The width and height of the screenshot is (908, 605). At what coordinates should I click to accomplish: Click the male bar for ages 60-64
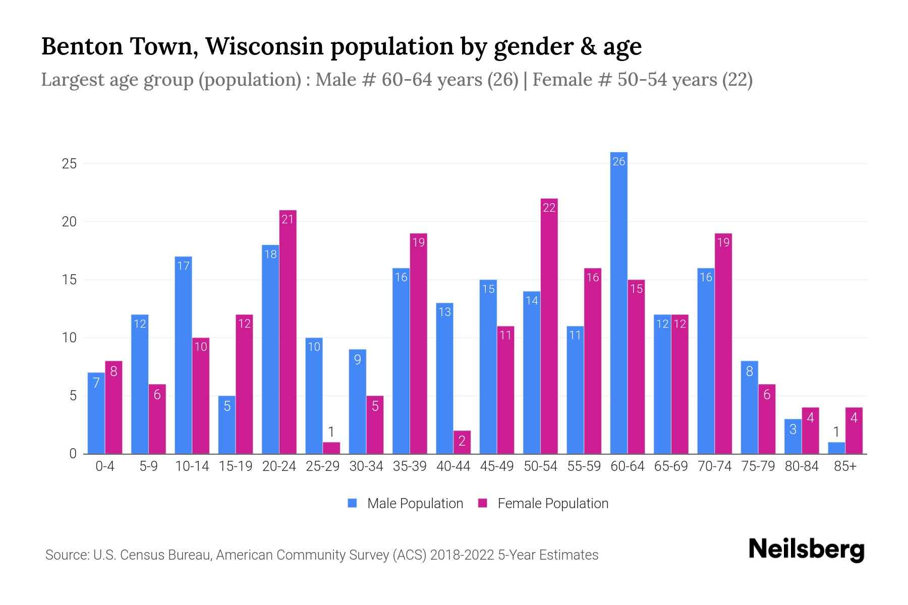(x=618, y=302)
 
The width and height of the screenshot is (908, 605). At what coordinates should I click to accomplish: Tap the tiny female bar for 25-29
(x=331, y=448)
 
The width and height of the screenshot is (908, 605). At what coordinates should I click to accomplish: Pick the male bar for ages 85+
(x=836, y=448)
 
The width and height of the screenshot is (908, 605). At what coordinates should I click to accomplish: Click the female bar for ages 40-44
(x=462, y=442)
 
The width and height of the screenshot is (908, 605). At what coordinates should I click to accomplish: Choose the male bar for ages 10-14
(x=183, y=355)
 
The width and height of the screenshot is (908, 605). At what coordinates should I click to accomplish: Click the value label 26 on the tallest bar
(x=618, y=161)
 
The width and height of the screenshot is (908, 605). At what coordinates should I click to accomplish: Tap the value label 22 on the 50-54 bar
(x=549, y=208)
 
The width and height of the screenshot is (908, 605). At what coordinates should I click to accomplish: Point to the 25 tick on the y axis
(x=69, y=164)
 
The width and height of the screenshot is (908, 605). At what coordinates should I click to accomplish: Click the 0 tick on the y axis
(x=73, y=454)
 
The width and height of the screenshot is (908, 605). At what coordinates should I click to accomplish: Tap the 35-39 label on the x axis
(x=410, y=466)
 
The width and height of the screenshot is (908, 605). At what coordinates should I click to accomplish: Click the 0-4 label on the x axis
(x=105, y=466)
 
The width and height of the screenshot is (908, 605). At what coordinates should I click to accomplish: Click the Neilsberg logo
(x=806, y=550)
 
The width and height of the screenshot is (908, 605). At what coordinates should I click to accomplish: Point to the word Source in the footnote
(x=67, y=555)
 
